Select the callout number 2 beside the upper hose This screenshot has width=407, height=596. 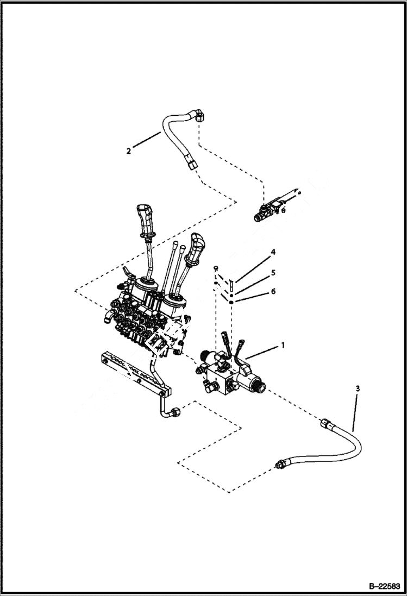tap(128, 151)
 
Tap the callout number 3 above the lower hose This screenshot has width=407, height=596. tap(356, 388)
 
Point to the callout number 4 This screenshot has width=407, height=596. tap(273, 252)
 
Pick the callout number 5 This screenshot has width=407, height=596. tap(273, 272)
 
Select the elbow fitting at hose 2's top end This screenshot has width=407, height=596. tap(199, 115)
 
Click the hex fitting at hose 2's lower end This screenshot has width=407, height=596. tap(191, 164)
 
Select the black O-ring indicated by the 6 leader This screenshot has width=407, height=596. tap(231, 302)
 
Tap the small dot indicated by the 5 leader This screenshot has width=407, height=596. tap(231, 294)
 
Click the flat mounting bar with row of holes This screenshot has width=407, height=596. tap(133, 373)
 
